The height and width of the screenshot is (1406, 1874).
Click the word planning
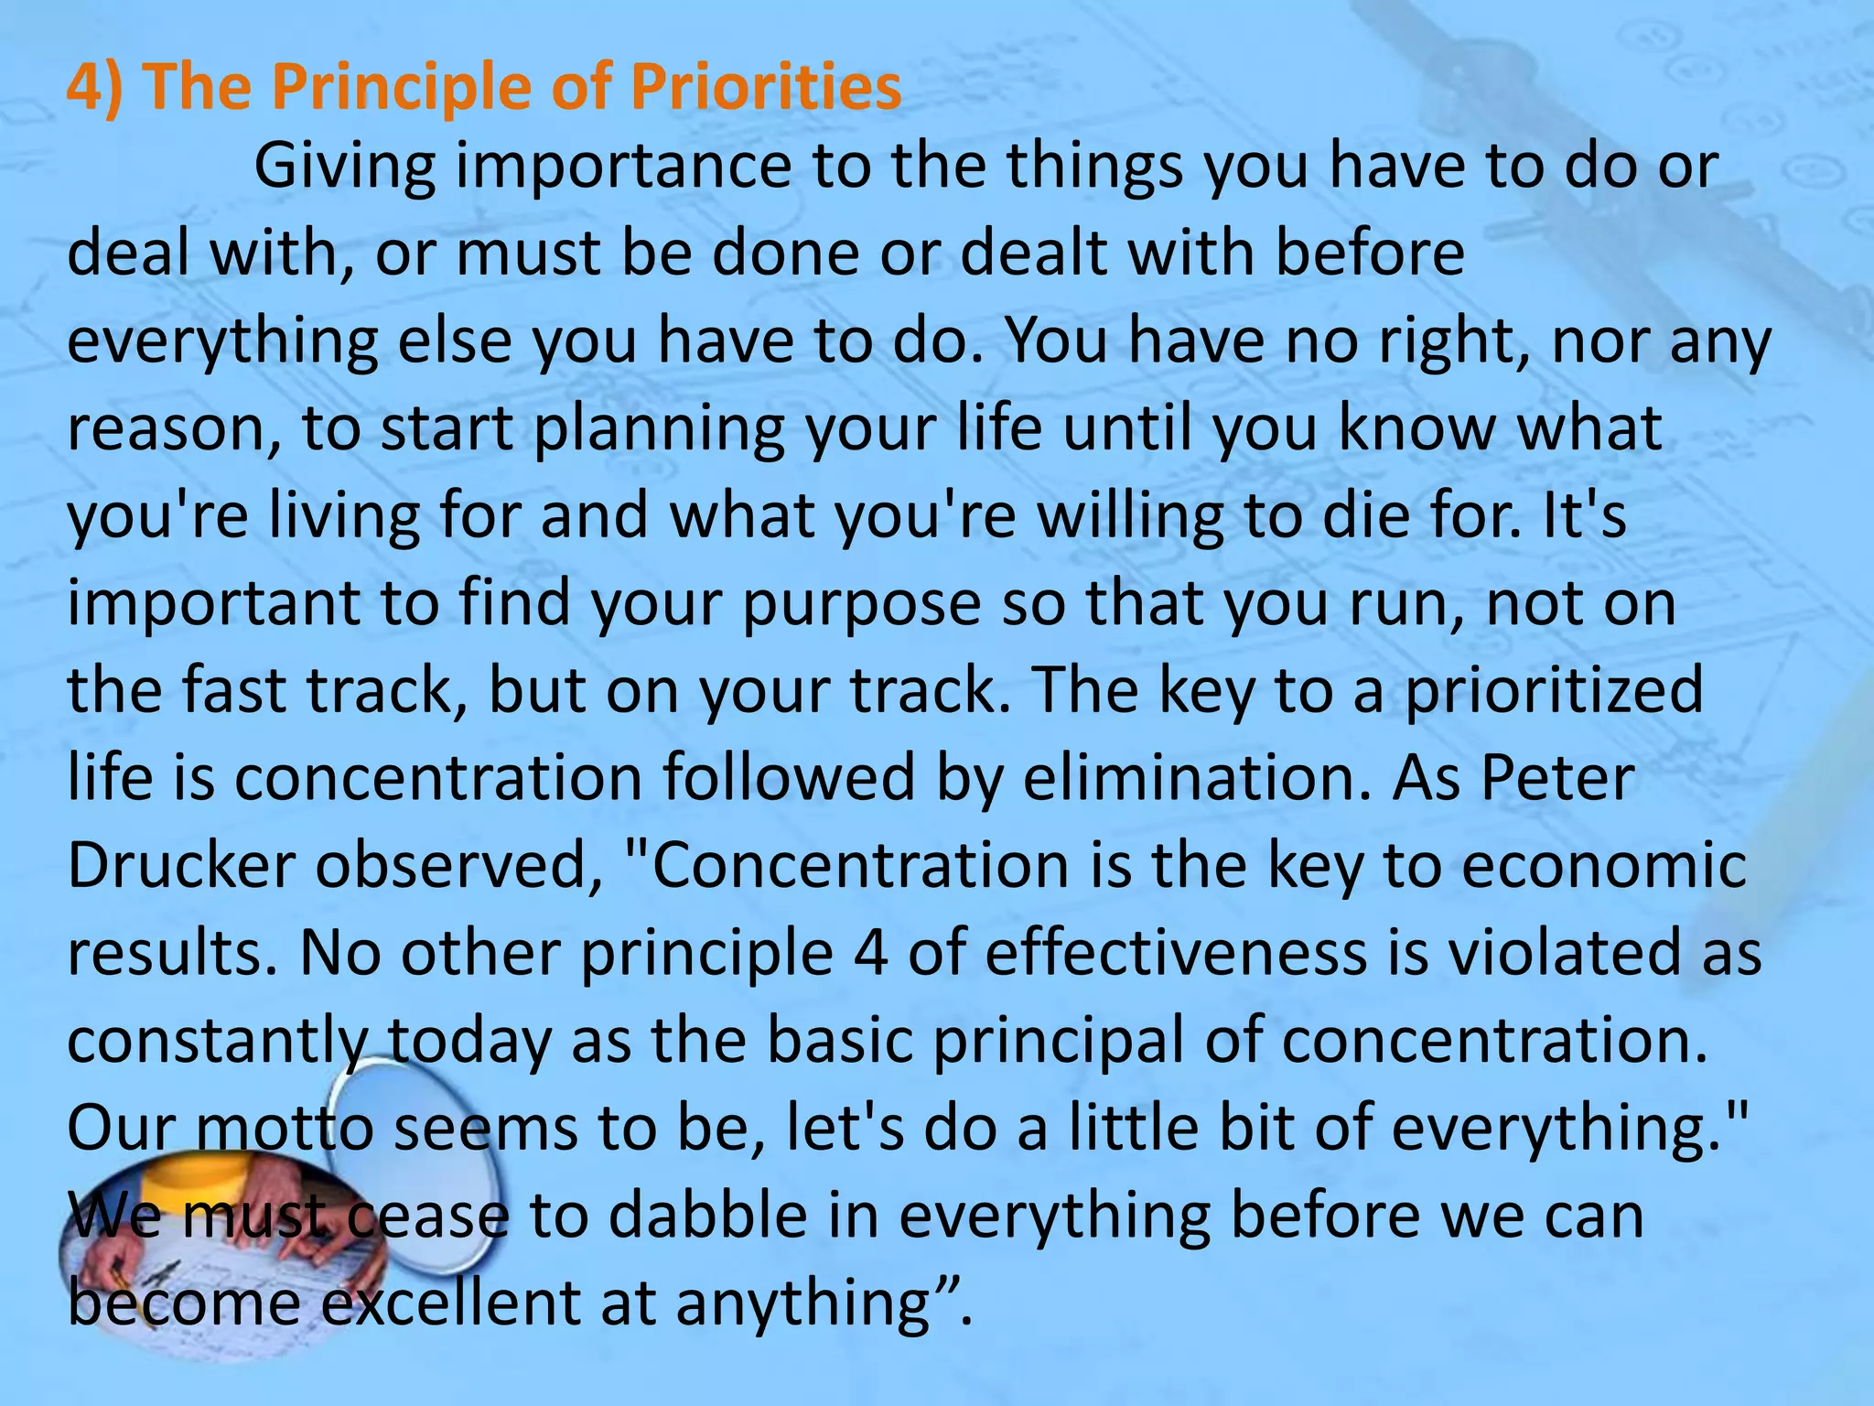[x=659, y=430]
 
